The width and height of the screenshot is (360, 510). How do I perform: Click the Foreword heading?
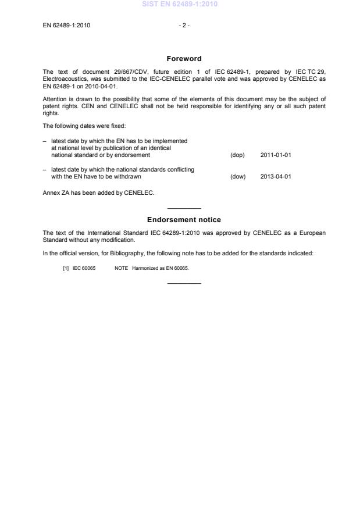(184, 58)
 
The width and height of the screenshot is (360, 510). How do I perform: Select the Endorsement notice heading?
(184, 220)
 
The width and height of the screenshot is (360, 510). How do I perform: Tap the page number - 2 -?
(184, 25)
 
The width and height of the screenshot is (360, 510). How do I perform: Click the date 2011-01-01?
(275, 155)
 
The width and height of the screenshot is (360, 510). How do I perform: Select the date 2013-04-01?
(275, 176)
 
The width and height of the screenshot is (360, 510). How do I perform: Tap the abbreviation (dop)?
(237, 155)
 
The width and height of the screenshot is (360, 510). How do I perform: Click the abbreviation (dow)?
(237, 176)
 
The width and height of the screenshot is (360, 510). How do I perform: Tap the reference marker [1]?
(66, 268)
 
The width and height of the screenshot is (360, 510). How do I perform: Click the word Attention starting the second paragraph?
(55, 98)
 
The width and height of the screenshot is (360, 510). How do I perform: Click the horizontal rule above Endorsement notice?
(184, 208)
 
